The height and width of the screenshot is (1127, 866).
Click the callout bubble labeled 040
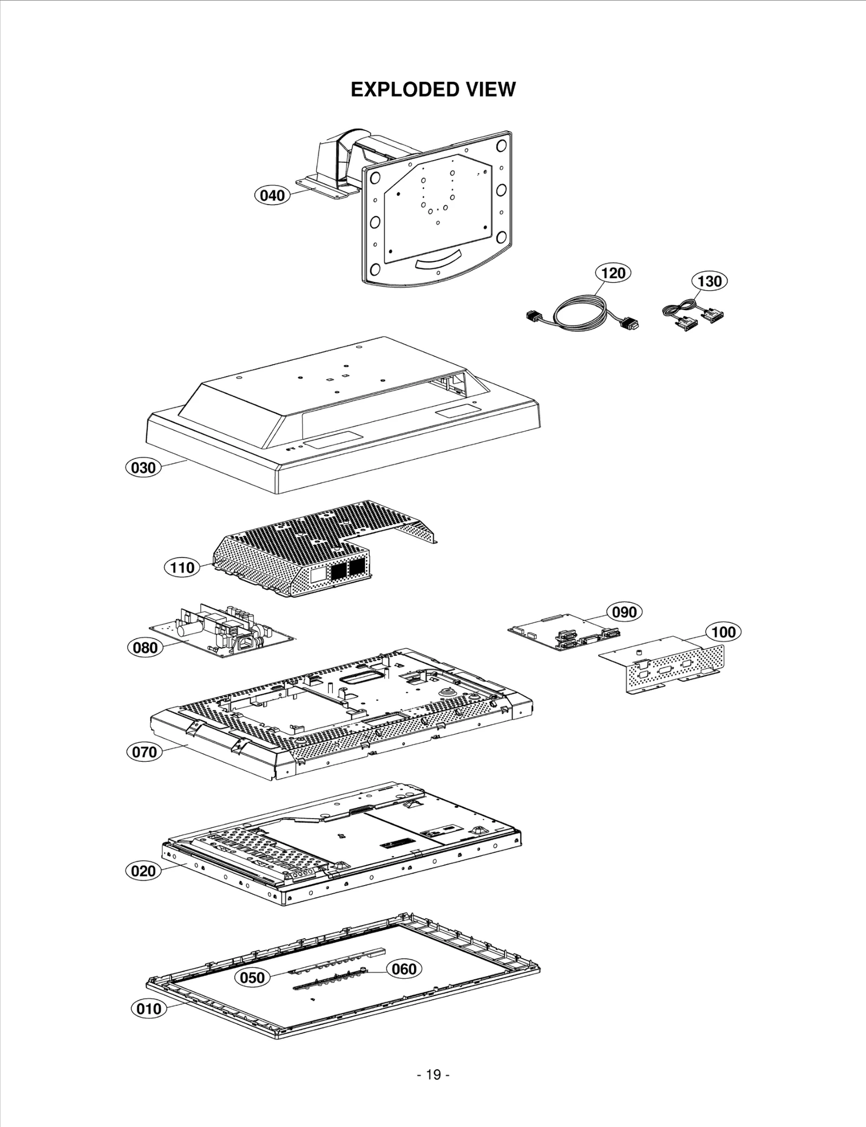(272, 195)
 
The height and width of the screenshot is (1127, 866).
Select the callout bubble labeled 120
(613, 273)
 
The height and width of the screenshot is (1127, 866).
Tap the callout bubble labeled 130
(709, 281)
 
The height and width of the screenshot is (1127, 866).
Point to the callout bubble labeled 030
(143, 467)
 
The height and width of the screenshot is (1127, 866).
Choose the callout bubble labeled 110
(182, 568)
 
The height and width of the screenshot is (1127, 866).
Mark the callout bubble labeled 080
(145, 648)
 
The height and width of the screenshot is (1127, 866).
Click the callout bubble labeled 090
(624, 612)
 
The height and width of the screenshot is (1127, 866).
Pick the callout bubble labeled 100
(723, 632)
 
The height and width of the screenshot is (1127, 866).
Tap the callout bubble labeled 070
(145, 752)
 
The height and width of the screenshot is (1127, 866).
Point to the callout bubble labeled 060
(404, 968)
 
